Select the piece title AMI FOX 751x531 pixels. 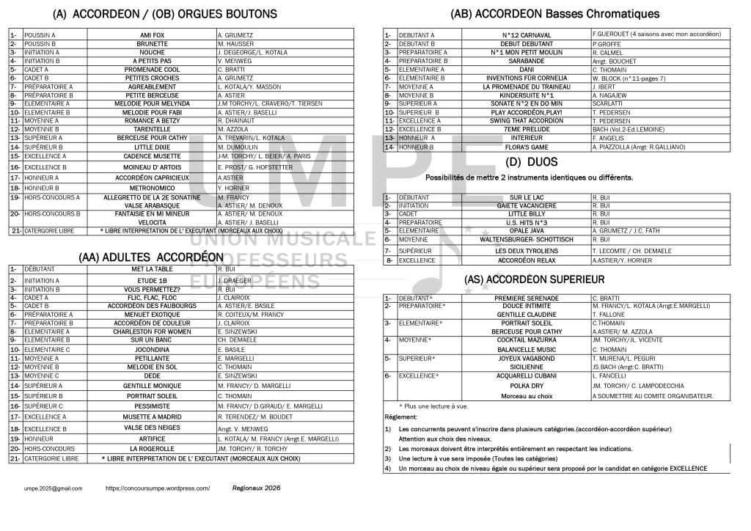(x=152, y=34)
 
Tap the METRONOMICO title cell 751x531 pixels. (x=152, y=188)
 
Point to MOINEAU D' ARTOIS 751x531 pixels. (x=152, y=166)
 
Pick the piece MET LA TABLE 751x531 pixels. (x=152, y=269)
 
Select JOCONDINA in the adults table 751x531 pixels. (x=152, y=350)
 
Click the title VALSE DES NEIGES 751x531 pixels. (x=152, y=427)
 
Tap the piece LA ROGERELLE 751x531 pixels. (x=152, y=448)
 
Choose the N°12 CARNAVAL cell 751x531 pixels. (x=527, y=34)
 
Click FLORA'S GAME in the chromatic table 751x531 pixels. (x=527, y=147)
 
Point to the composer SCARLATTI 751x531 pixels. (x=607, y=103)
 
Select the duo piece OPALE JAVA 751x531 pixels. (x=527, y=230)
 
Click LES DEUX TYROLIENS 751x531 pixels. (x=527, y=250)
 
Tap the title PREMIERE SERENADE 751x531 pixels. (x=527, y=298)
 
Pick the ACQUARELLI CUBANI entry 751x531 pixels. (x=527, y=376)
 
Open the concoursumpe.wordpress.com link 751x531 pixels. (x=158, y=488)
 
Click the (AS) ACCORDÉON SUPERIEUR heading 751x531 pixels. (x=534, y=279)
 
